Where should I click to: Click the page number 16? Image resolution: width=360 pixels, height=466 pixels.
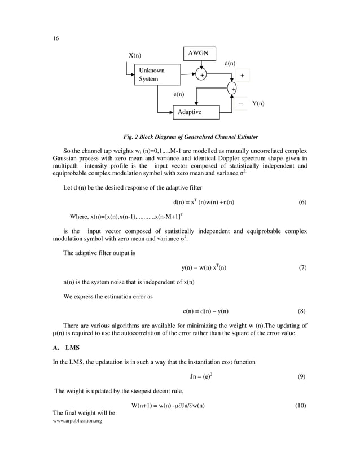click(x=49, y=38)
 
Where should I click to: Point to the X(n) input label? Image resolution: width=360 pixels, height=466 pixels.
click(x=135, y=55)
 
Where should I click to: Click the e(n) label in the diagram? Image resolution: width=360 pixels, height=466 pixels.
click(x=179, y=94)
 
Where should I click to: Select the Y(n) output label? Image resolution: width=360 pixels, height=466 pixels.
click(x=258, y=104)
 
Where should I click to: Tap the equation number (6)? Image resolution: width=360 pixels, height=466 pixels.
click(x=302, y=202)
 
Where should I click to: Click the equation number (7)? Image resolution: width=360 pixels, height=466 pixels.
click(x=302, y=267)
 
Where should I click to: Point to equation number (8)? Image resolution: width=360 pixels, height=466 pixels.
click(x=302, y=311)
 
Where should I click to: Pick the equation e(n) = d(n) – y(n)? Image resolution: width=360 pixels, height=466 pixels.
click(x=205, y=311)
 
